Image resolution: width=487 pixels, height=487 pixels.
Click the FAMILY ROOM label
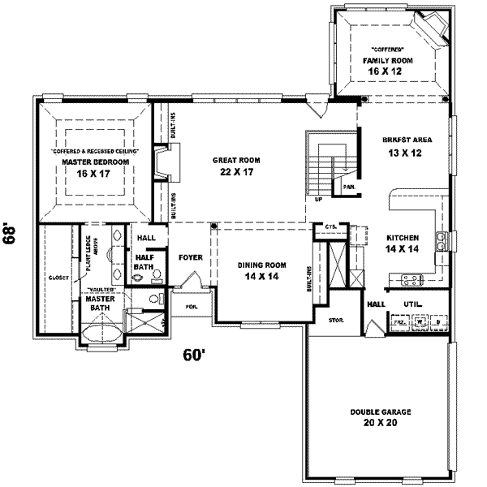pos(387,61)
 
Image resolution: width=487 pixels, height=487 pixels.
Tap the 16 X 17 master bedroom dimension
pos(96,173)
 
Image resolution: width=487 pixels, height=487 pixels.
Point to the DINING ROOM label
pos(263,265)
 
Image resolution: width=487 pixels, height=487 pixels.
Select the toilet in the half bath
pos(136,276)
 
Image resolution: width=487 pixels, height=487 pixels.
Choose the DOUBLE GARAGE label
pos(381,412)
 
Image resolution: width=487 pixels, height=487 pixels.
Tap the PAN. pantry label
pos(349,187)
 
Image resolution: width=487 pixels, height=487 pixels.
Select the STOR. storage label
pos(336,321)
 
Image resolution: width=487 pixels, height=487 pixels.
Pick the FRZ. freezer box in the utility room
pos(399,322)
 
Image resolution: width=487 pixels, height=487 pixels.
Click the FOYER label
pos(191,257)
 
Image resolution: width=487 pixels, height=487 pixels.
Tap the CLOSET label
pos(58,278)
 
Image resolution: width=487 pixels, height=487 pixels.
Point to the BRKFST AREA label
pos(407,140)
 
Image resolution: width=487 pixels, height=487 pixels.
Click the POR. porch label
pos(192,307)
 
